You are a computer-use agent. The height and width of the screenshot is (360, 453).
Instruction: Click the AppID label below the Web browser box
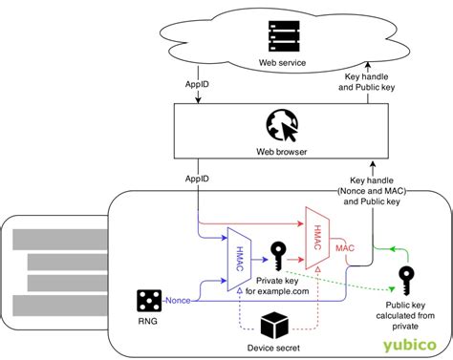tap(198, 178)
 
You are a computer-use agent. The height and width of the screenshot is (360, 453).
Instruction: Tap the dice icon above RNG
tap(146, 301)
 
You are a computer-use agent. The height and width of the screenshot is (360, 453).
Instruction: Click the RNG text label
tap(146, 323)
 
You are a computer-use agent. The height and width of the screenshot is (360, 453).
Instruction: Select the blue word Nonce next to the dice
tap(179, 301)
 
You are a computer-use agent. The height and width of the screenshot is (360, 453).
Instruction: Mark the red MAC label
tap(345, 247)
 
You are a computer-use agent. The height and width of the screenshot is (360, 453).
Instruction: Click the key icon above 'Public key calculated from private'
tap(405, 280)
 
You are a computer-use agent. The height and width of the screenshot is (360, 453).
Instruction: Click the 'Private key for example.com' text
tap(278, 286)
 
